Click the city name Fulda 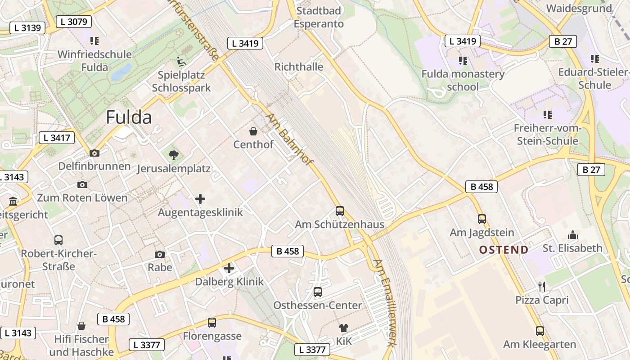point(129,117)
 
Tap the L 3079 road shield point(74,21)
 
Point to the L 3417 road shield point(57,138)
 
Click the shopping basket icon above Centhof point(253,131)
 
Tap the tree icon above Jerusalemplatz point(173,156)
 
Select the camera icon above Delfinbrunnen point(94,153)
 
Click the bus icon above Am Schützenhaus point(340,211)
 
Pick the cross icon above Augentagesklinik point(200,199)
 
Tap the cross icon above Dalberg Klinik point(229,269)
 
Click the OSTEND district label point(504,250)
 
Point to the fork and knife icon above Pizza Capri point(542,286)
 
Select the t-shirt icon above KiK point(344,328)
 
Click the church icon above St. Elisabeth point(572,234)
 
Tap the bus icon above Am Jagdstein point(482,219)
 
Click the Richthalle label point(299,67)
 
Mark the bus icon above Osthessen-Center point(318,292)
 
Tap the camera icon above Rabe point(160,254)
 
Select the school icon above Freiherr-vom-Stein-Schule point(548,115)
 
